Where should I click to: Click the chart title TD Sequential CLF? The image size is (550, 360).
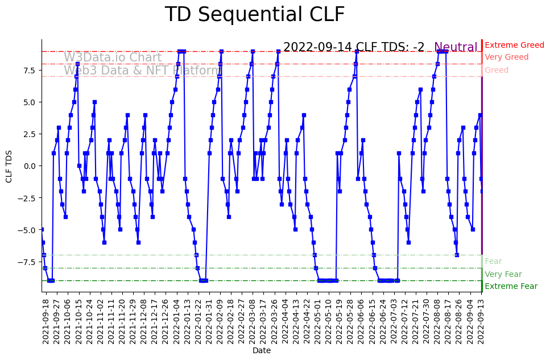point(254,15)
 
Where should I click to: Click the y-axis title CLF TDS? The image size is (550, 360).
point(9,166)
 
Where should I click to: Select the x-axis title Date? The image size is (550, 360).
point(262,351)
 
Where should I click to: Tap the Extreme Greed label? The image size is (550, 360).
point(514,45)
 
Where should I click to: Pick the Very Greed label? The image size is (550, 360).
point(506,57)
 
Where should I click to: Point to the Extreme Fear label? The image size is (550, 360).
point(511,287)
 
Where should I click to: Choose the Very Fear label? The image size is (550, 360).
point(503,274)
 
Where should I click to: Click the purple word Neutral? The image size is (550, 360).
point(456,47)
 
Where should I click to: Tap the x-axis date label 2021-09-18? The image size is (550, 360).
point(46,321)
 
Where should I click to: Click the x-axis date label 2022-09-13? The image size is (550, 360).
point(481,321)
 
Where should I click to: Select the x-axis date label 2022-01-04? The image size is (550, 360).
point(176,321)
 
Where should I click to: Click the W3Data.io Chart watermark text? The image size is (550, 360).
point(113,57)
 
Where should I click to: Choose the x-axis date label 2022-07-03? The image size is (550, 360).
point(394,321)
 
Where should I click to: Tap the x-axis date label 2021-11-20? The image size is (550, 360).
point(122,321)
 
